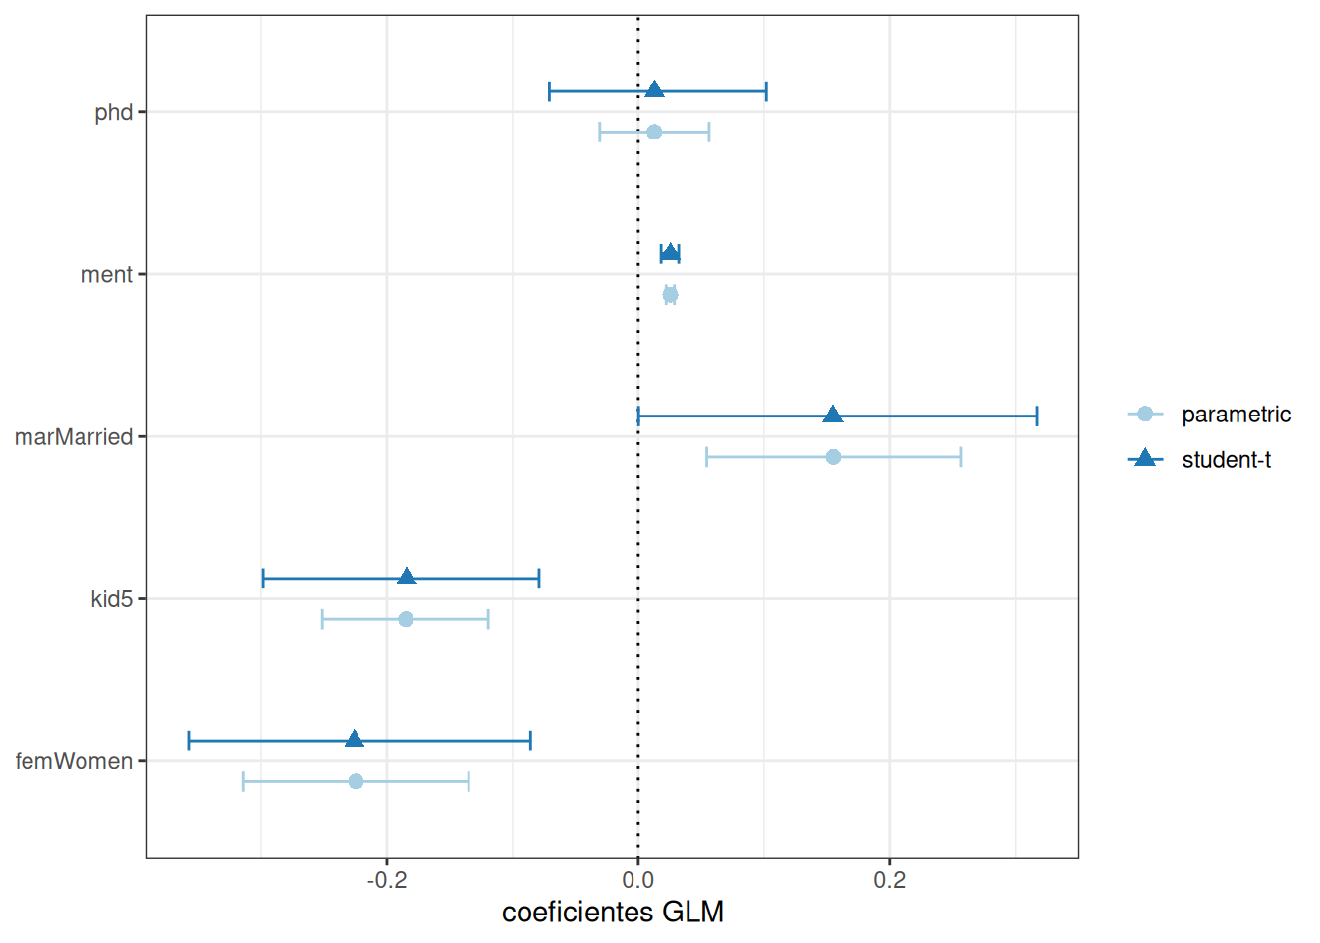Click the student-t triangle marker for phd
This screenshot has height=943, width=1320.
654,90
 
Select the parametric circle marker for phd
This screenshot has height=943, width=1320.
654,132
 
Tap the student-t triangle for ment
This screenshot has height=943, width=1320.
670,253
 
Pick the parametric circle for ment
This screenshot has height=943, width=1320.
670,295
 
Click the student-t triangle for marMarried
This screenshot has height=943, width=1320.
833,416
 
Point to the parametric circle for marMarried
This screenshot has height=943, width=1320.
833,457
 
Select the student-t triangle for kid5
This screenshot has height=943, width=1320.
407,578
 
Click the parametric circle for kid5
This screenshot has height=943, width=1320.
406,619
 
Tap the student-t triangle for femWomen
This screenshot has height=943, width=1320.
355,740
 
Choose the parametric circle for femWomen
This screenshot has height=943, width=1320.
356,781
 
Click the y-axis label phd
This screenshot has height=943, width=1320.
113,112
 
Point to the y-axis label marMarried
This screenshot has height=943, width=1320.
74,437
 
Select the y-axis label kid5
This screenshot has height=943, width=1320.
111,599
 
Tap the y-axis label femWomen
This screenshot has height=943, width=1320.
74,761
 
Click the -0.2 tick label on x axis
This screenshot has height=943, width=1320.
386,880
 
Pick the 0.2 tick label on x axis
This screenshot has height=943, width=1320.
890,880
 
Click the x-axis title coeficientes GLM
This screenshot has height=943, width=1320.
612,913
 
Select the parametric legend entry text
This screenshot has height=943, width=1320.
1236,415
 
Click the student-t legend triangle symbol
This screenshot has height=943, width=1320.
1144,459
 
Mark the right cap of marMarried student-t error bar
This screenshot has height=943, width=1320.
1037,416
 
